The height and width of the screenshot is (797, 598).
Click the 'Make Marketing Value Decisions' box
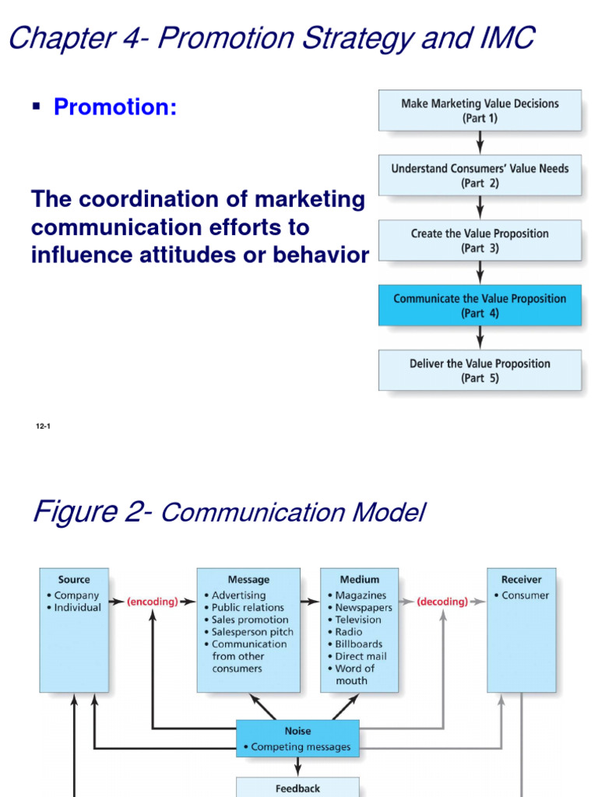coord(480,111)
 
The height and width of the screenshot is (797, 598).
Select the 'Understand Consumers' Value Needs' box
coord(480,175)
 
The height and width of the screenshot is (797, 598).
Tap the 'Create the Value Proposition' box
coord(480,241)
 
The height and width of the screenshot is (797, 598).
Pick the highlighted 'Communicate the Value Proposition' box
coord(480,305)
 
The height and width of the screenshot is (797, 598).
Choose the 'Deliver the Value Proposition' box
coord(480,370)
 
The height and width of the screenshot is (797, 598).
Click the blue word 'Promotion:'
coord(115,107)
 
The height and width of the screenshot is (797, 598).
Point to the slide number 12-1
coord(43,427)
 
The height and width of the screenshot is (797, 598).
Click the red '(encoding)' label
coord(153,602)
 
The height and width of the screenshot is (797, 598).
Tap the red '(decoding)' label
coord(442,602)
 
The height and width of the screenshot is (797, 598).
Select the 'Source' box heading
coord(74,580)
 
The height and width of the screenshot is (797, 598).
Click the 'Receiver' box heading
coord(521,580)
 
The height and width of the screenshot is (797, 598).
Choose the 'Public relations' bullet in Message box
coord(248,608)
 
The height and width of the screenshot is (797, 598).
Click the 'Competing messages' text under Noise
coord(301,747)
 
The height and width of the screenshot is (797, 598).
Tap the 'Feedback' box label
coord(297,788)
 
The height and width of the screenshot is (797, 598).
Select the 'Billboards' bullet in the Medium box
coord(358,644)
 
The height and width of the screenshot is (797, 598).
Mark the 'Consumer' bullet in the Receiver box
coord(525,596)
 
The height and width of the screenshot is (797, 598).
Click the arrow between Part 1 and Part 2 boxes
coord(480,142)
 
